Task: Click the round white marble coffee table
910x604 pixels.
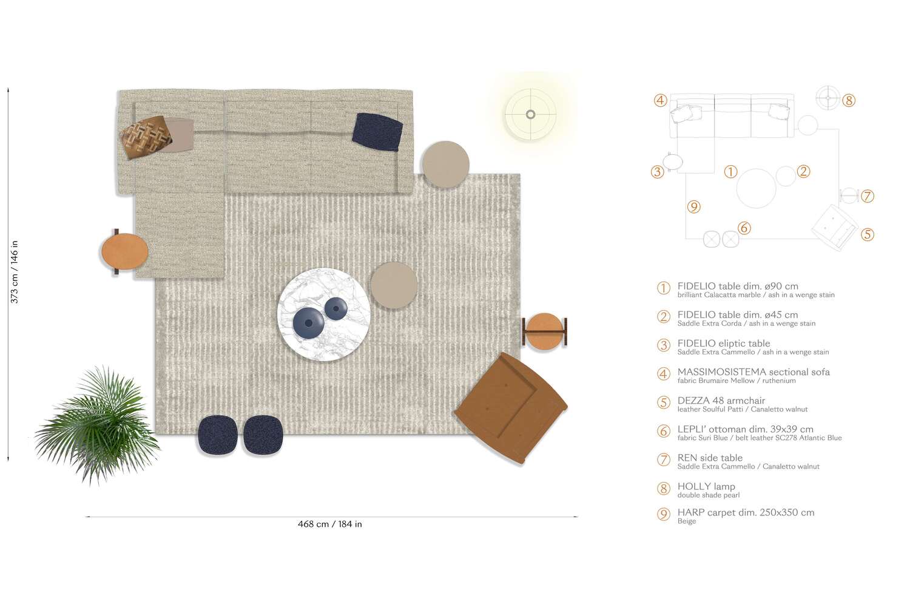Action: pos(323,314)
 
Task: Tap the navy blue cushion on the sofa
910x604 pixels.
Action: pos(377,132)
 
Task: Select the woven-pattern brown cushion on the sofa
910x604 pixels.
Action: pos(146,137)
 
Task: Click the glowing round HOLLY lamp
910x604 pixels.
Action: pos(530,114)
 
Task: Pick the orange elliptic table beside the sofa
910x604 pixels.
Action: pos(124,251)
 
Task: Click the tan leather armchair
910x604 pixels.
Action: pos(511,407)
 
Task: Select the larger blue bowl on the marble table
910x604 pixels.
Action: pos(308,322)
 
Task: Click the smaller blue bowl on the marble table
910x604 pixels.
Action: pos(335,308)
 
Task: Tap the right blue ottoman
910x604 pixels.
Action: pos(263,435)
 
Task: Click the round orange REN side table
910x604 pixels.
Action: pos(544,331)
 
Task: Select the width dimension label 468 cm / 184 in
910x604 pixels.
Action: pos(329,524)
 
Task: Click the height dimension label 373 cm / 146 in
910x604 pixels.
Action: pos(15,271)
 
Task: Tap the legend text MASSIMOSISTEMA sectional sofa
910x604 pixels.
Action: pos(753,372)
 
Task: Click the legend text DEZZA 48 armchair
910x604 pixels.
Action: pos(721,401)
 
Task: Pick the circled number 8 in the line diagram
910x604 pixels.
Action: pos(849,101)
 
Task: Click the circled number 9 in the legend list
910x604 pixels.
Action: pos(664,515)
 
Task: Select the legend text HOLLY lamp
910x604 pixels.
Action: pos(706,486)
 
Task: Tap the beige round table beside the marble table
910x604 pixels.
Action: pos(394,285)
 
